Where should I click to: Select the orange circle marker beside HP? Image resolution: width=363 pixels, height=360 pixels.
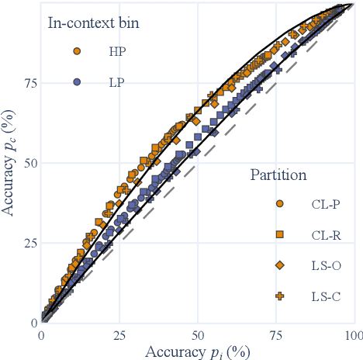pyautogui.click(x=77, y=51)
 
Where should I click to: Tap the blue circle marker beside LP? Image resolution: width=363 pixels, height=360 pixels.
pyautogui.click(x=77, y=82)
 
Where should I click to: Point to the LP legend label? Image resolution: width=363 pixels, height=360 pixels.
pyautogui.click(x=116, y=82)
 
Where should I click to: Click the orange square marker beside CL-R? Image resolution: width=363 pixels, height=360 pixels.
pyautogui.click(x=279, y=234)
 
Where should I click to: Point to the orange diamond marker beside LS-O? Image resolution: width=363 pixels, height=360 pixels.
pyautogui.click(x=279, y=265)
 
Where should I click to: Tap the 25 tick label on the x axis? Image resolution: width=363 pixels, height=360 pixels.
pyautogui.click(x=119, y=335)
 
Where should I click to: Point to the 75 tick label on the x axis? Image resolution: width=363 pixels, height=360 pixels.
pyautogui.click(x=275, y=335)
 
